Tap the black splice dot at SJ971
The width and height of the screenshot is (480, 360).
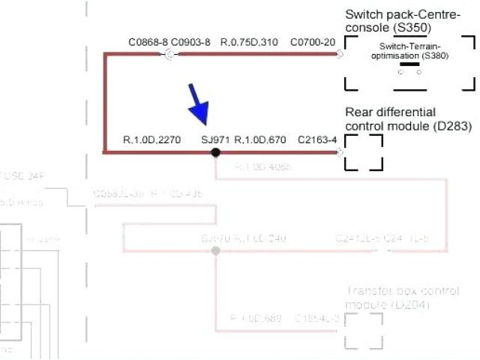coord(215,152)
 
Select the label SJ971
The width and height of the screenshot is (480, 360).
coord(216,139)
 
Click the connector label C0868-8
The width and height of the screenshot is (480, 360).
coord(148,43)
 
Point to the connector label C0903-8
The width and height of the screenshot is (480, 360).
coord(190,43)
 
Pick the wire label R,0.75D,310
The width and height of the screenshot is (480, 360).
coord(249,43)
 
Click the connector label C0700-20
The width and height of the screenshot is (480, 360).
coord(313,43)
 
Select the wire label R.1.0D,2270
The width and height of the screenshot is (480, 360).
coord(151,139)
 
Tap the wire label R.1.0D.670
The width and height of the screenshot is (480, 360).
coord(260,139)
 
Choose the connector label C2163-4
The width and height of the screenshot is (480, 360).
coord(317,139)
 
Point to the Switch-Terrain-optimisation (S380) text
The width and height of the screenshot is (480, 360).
coord(409,51)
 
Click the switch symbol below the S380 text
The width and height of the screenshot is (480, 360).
coord(409,68)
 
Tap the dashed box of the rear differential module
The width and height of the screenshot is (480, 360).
coord(364,152)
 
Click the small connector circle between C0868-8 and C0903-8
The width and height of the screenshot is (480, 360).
coord(169,54)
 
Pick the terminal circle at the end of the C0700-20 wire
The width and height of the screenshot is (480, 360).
coord(340,54)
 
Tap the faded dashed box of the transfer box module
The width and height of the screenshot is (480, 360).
coord(364,330)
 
